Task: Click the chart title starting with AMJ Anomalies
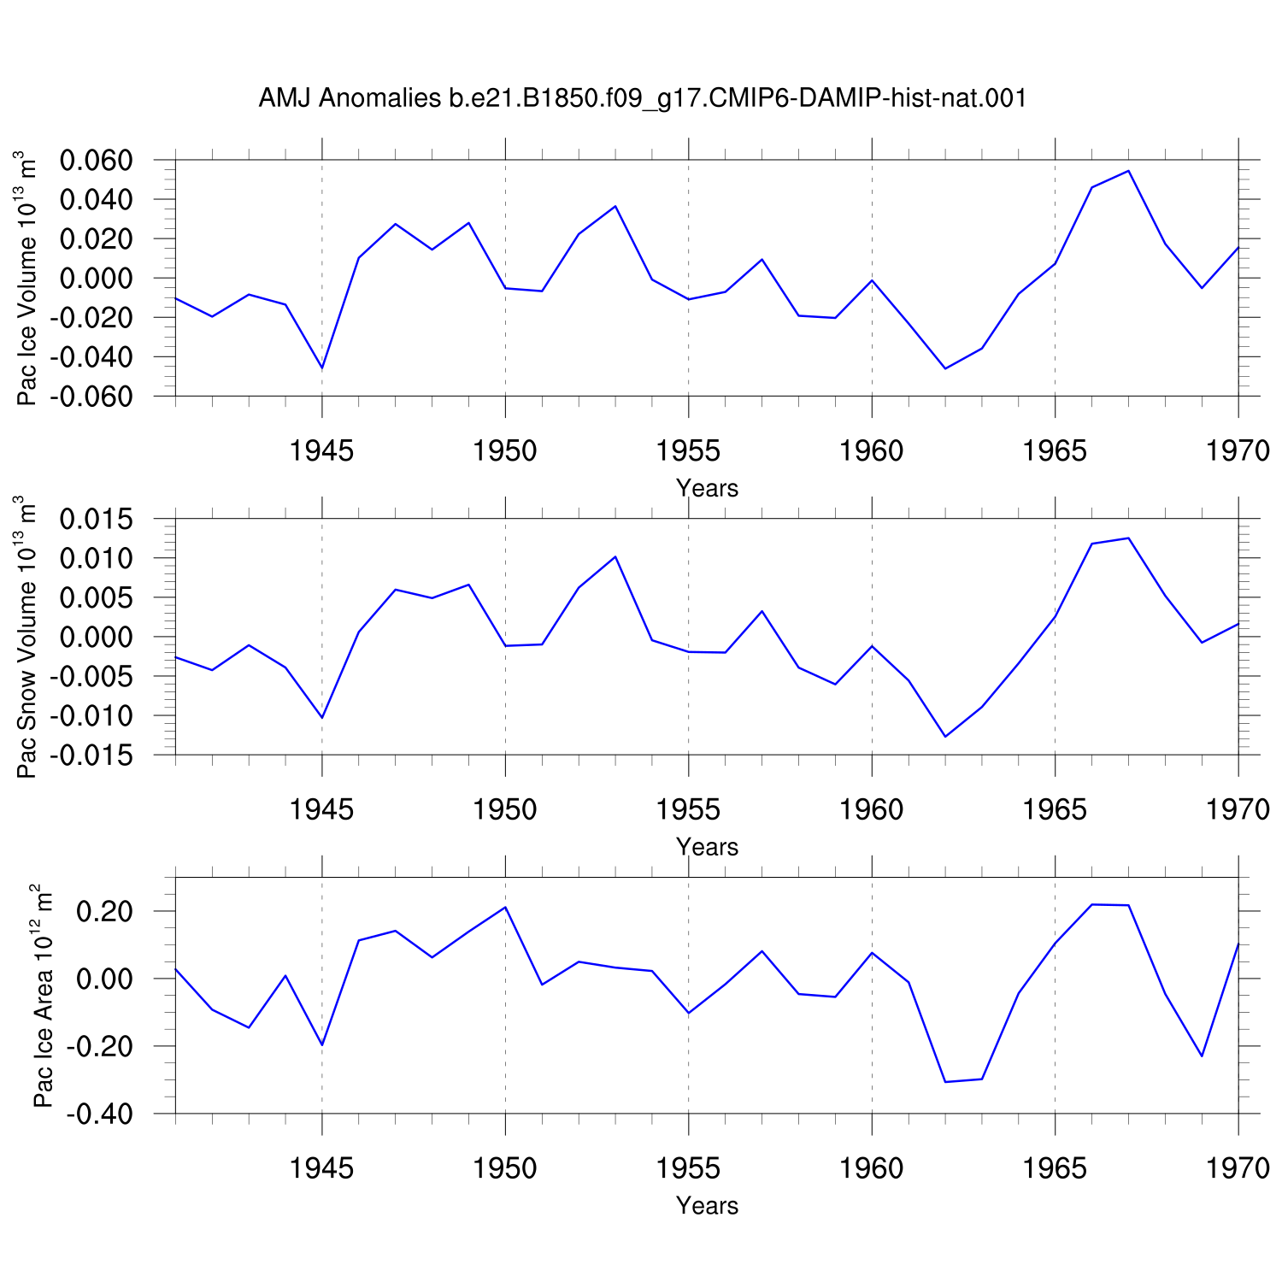pos(642,99)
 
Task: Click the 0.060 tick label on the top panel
pos(96,160)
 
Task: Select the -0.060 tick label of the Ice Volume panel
pos(91,397)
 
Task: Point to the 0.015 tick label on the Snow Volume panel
pos(96,519)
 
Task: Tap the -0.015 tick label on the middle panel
pos(91,756)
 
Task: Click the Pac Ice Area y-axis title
pos(43,997)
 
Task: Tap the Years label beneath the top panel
pos(707,488)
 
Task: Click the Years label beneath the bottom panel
pos(707,1205)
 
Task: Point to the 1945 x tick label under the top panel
pos(321,450)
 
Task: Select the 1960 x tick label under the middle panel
pos(872,809)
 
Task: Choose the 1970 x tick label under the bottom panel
pos(1238,1167)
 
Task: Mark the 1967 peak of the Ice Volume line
pos(1128,171)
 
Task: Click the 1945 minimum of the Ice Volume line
pos(322,368)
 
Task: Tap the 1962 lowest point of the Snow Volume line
pos(945,737)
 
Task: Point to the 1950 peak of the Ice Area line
pos(505,907)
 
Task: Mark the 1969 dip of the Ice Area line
pos(1202,1056)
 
